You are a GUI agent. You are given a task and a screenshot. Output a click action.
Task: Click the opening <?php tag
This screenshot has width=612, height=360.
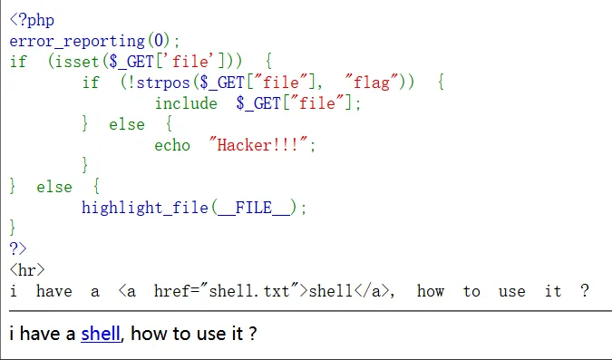[32, 20]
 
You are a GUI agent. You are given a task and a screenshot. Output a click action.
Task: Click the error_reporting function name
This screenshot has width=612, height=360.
[77, 41]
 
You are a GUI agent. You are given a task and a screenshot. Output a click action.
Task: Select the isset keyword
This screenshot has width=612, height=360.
[77, 62]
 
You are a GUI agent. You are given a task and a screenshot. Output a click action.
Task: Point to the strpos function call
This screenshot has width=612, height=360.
[163, 83]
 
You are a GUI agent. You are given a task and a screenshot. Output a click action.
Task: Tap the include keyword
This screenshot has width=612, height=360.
[186, 103]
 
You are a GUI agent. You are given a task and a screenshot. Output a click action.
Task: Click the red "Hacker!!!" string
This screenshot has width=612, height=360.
[258, 145]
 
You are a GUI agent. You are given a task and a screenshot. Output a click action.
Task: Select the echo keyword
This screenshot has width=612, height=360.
[172, 145]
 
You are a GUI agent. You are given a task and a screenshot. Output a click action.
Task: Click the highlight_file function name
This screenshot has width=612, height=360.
[145, 208]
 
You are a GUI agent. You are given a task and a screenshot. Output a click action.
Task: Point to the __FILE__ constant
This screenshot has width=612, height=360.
[254, 208]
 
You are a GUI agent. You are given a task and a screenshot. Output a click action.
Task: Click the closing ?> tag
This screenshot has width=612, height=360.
[18, 248]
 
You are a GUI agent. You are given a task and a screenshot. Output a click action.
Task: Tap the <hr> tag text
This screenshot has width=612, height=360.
[27, 270]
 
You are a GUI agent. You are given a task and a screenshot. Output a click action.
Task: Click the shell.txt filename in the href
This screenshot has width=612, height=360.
[249, 291]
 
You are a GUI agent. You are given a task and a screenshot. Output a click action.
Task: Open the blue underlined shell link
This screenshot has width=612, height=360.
[101, 334]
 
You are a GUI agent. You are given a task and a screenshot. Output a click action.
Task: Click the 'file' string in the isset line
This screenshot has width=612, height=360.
[190, 62]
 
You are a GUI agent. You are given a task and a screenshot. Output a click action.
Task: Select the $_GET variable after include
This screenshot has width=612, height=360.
[258, 103]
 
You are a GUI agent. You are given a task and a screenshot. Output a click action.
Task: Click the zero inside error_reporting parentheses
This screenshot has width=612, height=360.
[159, 41]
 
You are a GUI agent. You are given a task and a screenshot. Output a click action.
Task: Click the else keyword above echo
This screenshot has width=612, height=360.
[127, 124]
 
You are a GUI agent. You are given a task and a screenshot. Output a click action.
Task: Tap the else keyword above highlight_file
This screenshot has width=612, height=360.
[54, 187]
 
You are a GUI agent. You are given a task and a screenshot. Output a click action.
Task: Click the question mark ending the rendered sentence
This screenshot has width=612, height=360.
[253, 334]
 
